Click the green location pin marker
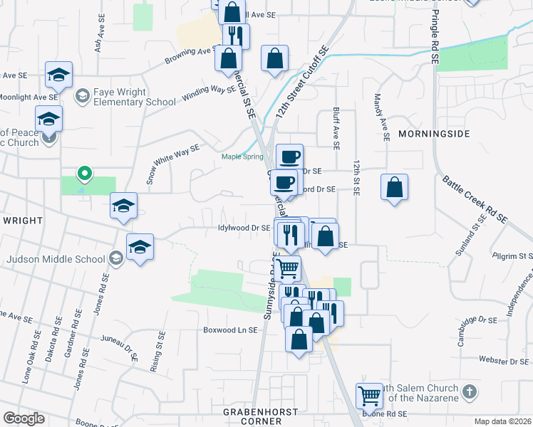[84, 173]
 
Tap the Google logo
[24, 418]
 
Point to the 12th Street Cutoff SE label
[301, 86]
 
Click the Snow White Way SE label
[172, 163]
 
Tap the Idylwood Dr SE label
[244, 228]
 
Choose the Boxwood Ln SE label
[229, 330]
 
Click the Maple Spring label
[242, 157]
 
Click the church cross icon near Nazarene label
[469, 391]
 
